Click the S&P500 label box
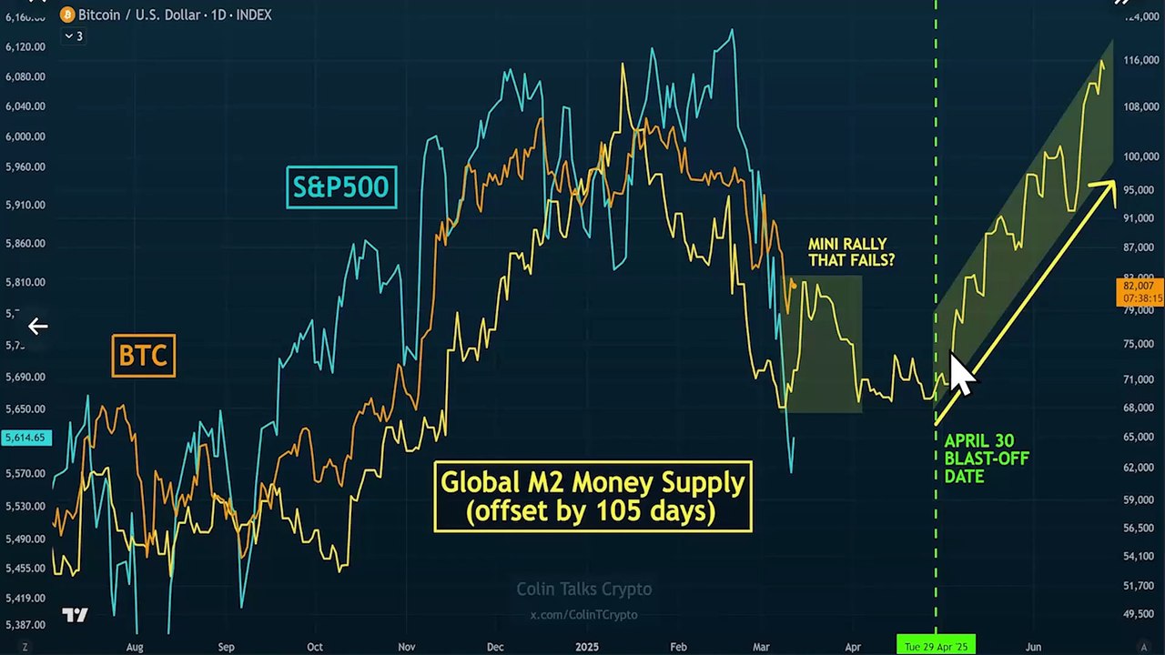[x=341, y=186]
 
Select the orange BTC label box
[x=143, y=355]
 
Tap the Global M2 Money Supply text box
[x=593, y=496]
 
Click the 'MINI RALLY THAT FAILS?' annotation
[x=852, y=252]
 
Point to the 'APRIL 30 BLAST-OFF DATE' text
[x=986, y=458]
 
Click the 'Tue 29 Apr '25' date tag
[x=936, y=645]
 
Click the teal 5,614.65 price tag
[x=25, y=438]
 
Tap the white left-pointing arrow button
[x=37, y=326]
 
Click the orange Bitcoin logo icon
[x=67, y=15]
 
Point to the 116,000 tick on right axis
[x=1139, y=61]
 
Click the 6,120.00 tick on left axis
[x=25, y=46]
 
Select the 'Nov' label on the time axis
[x=406, y=647]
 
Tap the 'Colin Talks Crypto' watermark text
[x=583, y=589]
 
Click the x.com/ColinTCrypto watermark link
[x=583, y=615]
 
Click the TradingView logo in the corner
[x=75, y=615]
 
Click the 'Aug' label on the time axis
[x=135, y=647]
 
